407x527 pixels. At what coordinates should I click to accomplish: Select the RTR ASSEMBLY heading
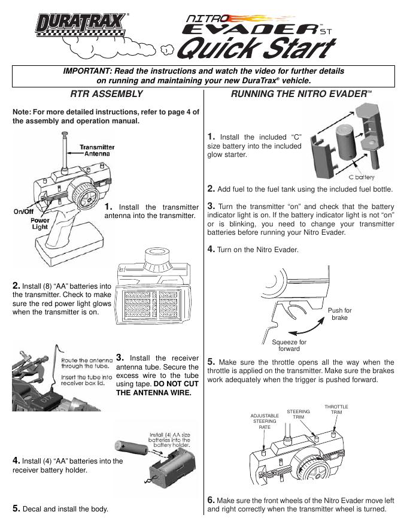[107, 94]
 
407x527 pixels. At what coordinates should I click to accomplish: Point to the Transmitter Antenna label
[99, 150]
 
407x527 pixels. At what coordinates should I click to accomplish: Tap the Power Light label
[40, 223]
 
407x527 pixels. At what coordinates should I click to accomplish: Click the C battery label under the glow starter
[362, 177]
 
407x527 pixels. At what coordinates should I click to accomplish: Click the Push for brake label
[340, 314]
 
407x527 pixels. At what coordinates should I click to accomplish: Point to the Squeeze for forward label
[289, 345]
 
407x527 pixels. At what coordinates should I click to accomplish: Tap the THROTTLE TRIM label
[336, 410]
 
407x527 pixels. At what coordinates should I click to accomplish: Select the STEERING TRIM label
[298, 414]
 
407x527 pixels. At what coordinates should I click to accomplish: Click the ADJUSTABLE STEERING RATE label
[265, 421]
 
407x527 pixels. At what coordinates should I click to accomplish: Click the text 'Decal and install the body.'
[65, 508]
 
